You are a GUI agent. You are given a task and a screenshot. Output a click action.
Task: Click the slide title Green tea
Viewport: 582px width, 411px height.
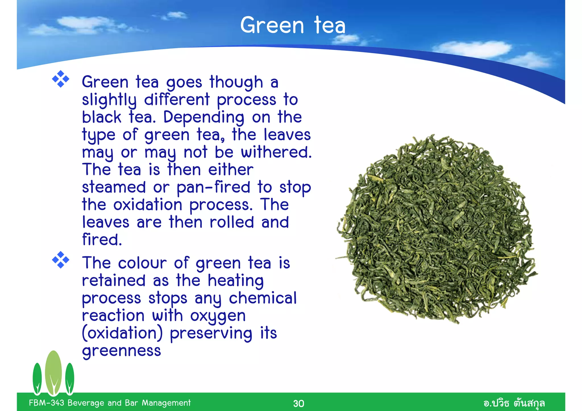[293, 25]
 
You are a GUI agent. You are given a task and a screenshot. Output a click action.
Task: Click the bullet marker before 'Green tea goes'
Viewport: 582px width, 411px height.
[61, 79]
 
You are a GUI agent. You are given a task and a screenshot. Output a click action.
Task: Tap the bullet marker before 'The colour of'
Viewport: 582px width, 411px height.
[61, 260]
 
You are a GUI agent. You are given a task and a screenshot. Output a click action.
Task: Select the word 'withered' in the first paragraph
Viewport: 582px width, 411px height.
[276, 153]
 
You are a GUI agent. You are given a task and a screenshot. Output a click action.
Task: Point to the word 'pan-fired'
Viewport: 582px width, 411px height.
[213, 188]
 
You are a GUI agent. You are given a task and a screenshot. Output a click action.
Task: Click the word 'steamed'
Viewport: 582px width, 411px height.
[114, 188]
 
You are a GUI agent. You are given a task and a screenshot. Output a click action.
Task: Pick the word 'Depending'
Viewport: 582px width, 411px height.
[203, 118]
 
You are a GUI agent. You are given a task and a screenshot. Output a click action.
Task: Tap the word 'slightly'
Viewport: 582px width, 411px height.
[109, 100]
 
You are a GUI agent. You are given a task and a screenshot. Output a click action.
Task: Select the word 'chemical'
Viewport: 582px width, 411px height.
[263, 298]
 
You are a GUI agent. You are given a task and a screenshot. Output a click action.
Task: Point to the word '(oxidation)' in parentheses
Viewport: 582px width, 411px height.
[122, 333]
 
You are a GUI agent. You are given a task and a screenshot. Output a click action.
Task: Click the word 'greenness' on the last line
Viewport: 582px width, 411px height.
[121, 351]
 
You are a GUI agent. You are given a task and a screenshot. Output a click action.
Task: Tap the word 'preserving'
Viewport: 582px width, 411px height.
[211, 334]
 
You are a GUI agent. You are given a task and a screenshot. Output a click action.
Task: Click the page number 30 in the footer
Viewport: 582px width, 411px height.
[298, 403]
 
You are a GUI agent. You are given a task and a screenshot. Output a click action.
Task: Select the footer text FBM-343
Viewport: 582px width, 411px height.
[47, 403]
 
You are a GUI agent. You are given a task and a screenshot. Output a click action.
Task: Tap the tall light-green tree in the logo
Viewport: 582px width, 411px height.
[53, 372]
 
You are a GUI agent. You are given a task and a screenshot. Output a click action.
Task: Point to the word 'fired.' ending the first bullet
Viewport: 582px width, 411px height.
[102, 240]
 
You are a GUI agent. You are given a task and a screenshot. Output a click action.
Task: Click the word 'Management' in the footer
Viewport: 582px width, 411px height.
[166, 403]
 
